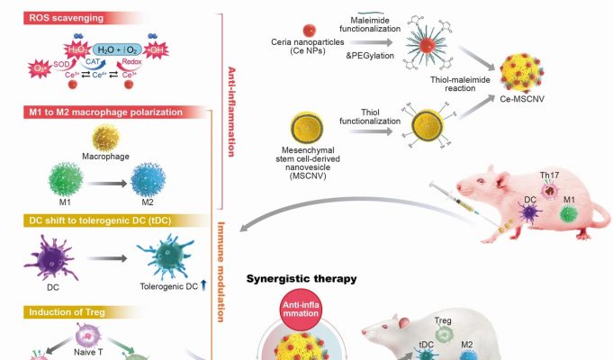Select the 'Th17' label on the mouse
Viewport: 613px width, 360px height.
coord(550,176)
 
